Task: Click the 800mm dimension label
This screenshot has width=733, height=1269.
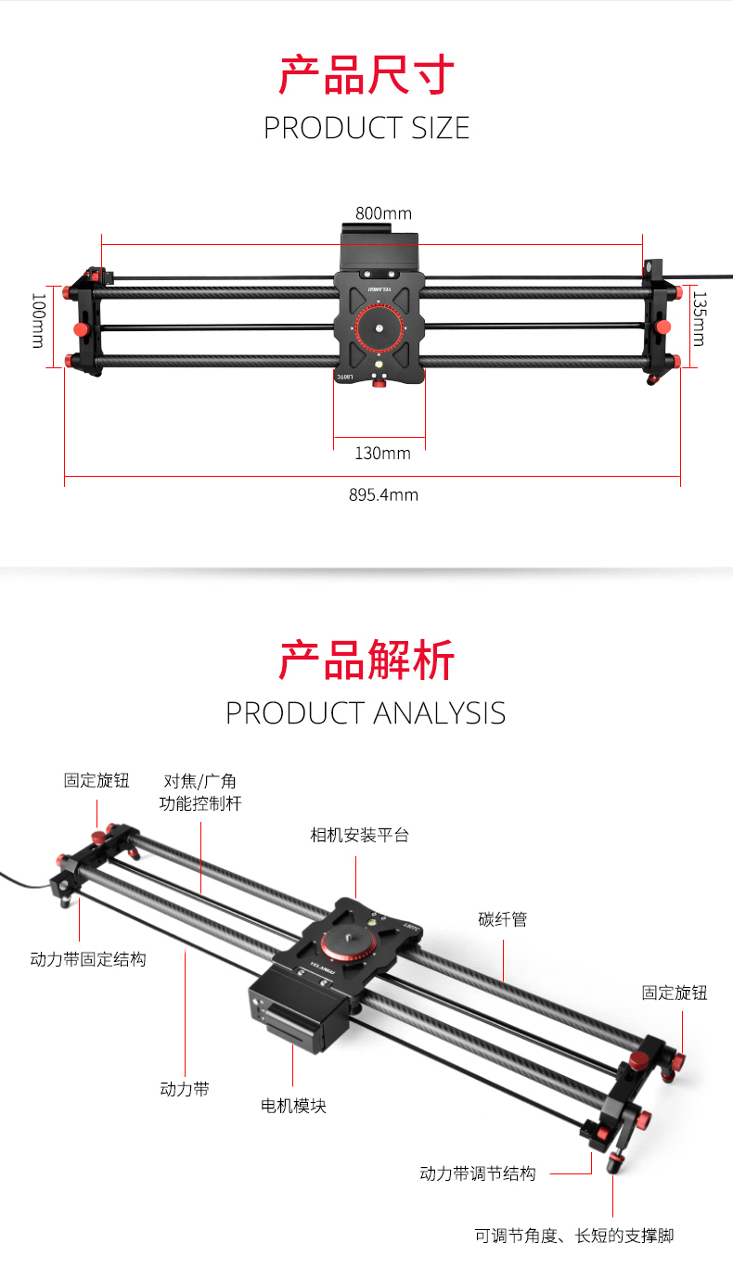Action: point(383,214)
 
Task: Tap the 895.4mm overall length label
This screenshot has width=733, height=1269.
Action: point(383,494)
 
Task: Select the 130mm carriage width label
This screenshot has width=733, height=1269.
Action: point(382,453)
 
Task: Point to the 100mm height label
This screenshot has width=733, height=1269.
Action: point(38,321)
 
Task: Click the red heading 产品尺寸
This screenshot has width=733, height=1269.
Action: point(366,75)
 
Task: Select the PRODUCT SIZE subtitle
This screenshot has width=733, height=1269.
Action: point(366,128)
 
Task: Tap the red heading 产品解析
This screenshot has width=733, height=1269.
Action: point(366,661)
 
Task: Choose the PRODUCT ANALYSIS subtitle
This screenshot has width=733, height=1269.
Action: point(366,713)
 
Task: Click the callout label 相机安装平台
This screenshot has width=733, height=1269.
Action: point(359,835)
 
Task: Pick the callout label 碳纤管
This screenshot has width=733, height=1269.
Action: point(503,919)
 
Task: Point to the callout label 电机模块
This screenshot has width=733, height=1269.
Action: point(293,1106)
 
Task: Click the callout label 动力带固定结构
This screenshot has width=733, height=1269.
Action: point(88,959)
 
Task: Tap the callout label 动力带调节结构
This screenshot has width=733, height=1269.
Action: point(478,1173)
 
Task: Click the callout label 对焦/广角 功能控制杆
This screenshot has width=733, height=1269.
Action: point(200,792)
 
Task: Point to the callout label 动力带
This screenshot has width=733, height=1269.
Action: point(185,1089)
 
